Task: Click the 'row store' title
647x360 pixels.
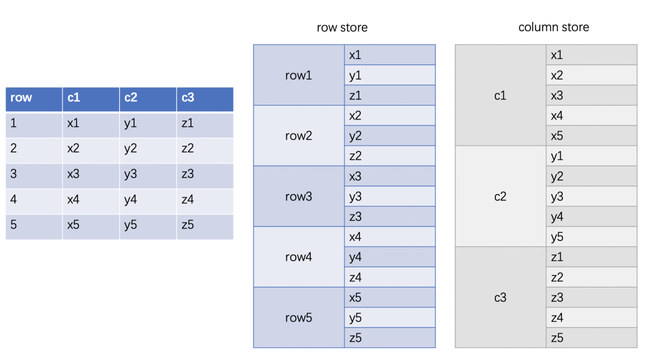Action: click(342, 28)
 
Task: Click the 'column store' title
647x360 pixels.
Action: click(554, 28)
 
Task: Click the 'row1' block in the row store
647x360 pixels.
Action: click(298, 75)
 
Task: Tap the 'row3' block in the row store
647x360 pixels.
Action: click(298, 196)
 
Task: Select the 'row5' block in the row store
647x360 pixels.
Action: click(298, 317)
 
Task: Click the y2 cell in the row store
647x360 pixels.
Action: click(390, 136)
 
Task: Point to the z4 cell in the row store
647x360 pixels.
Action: click(390, 277)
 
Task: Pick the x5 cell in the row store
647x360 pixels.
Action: click(390, 298)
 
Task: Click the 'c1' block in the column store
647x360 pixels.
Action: click(500, 95)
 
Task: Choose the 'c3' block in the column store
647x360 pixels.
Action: click(500, 297)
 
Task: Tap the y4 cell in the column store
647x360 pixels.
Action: click(591, 217)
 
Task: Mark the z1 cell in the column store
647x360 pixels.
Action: click(591, 257)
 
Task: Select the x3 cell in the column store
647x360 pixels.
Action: click(591, 95)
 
